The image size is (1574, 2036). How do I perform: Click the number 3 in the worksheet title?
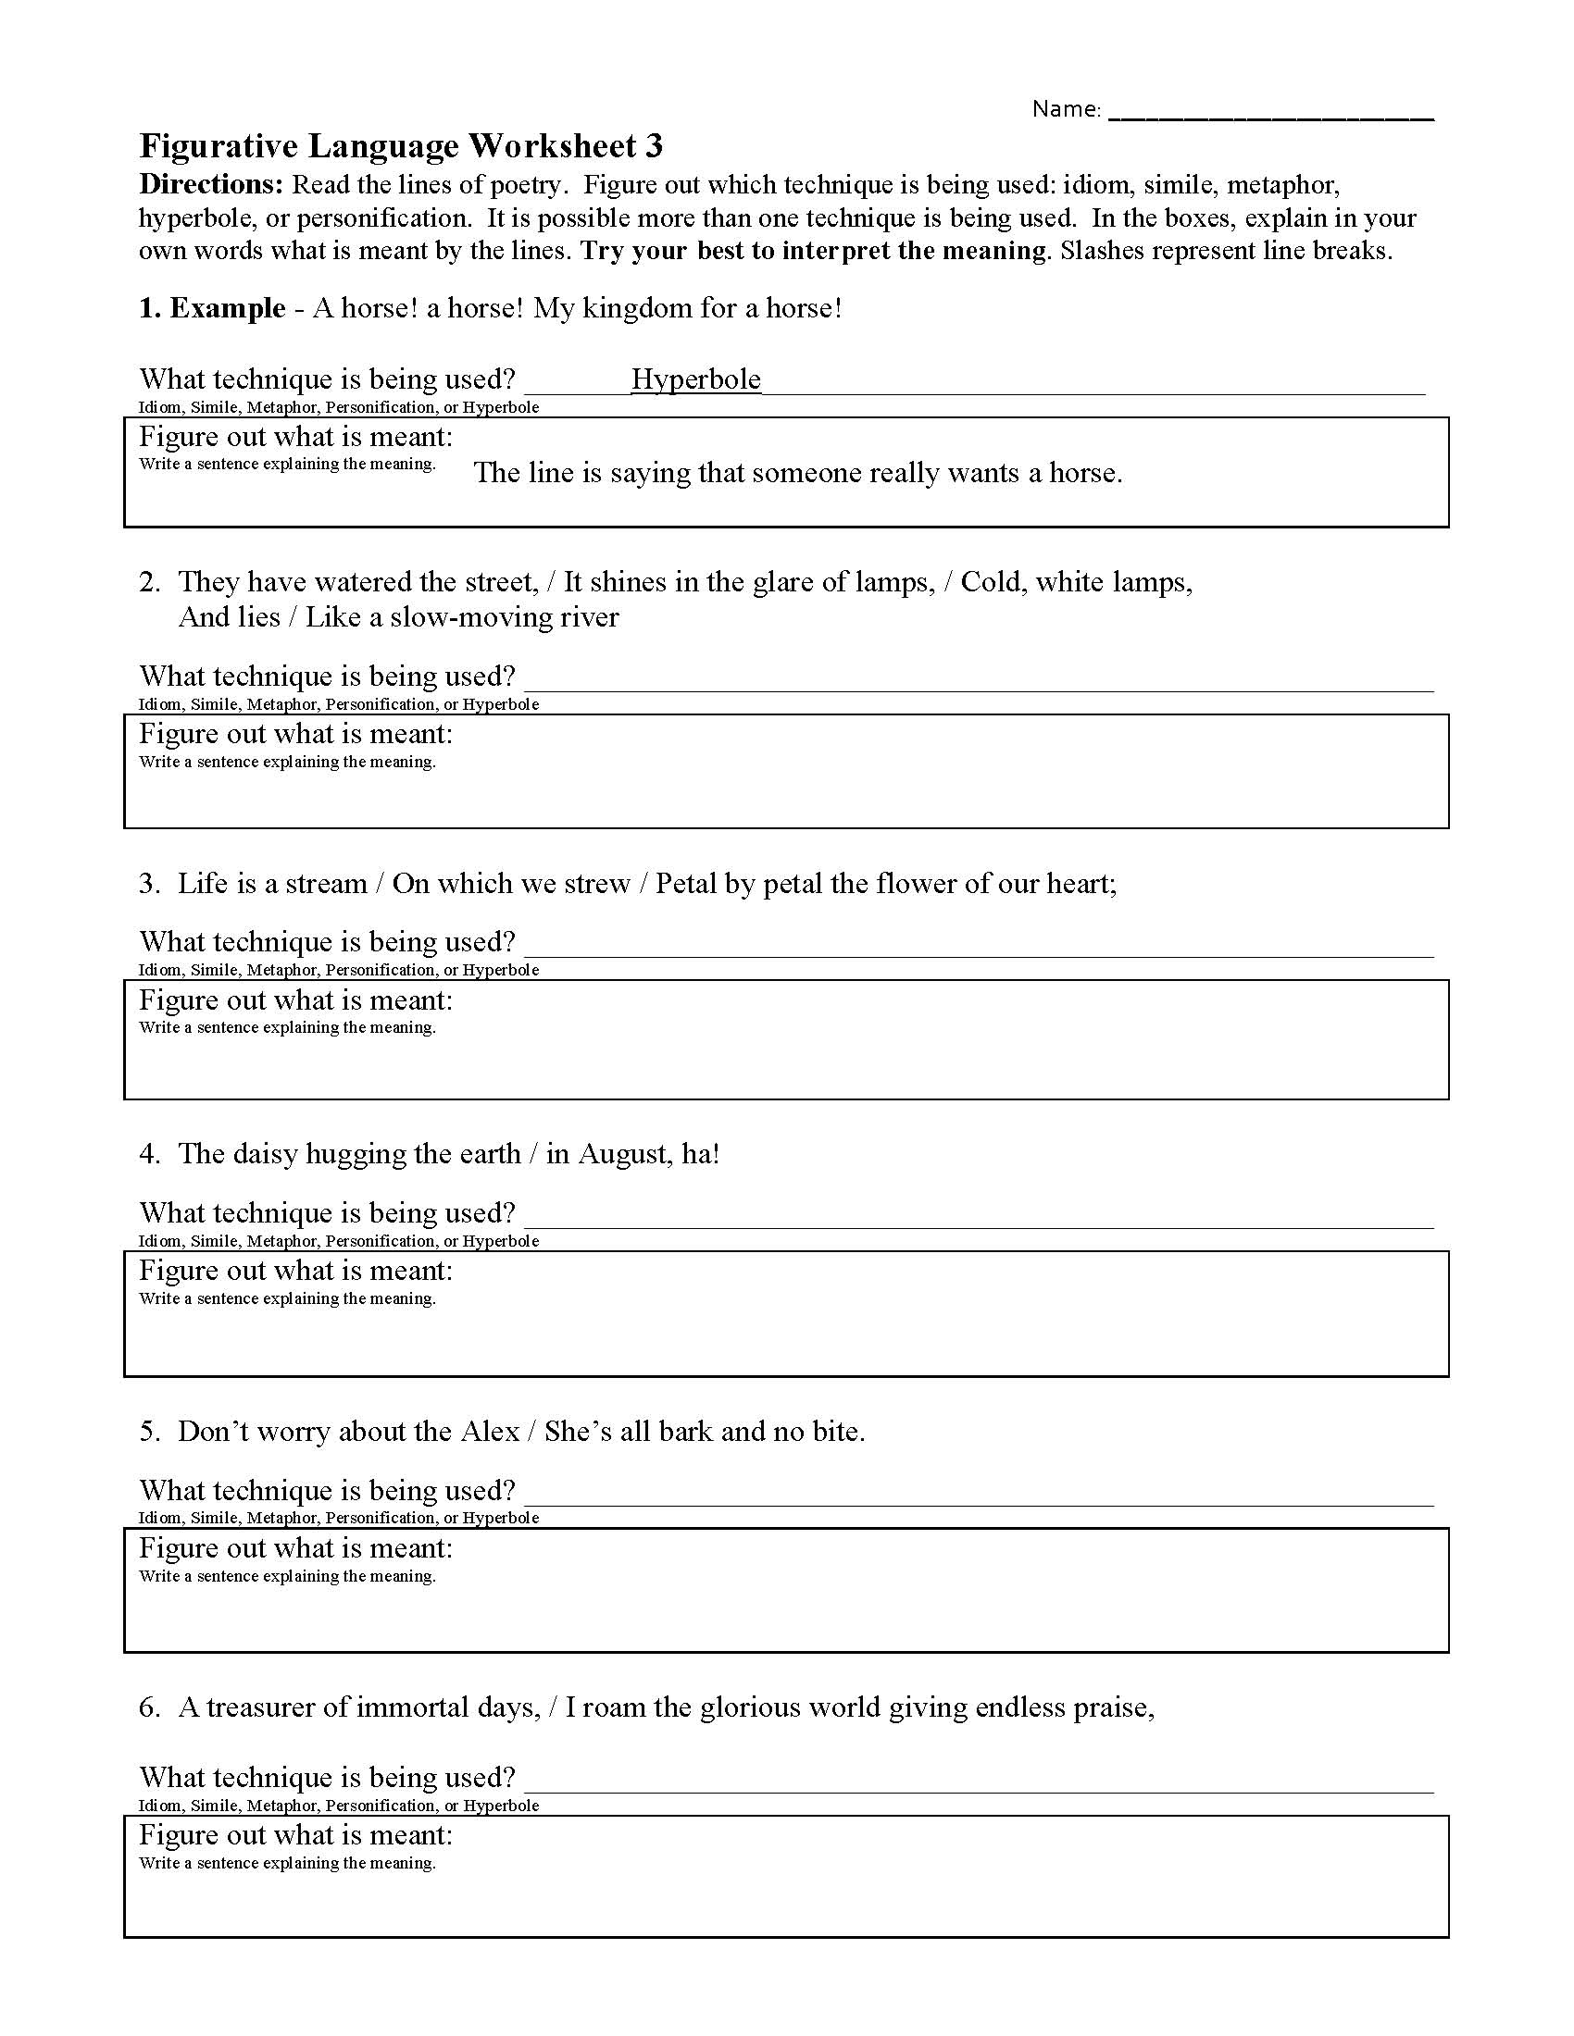654,146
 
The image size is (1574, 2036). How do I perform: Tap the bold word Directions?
211,184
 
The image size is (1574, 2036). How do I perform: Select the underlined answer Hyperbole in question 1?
695,379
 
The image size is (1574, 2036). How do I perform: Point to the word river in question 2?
589,617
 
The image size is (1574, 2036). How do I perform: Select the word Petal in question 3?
687,884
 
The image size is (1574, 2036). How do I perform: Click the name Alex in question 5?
490,1432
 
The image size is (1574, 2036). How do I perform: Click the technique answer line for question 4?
979,1217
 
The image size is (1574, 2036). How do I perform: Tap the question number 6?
149,1707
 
